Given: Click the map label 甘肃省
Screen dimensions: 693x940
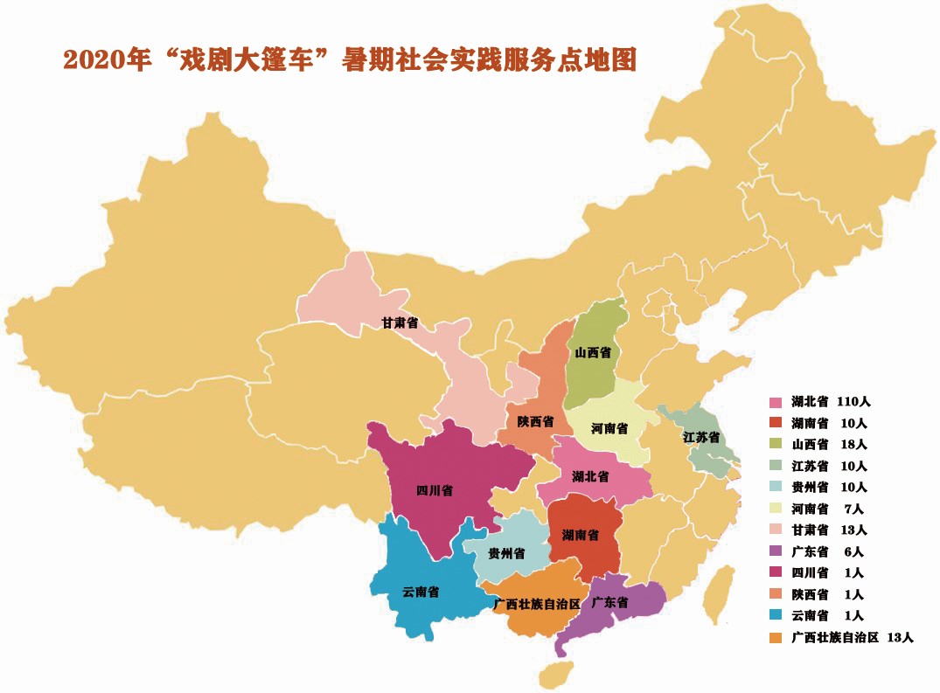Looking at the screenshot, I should click(399, 323).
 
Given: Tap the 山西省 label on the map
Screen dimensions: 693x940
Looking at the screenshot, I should click(593, 353).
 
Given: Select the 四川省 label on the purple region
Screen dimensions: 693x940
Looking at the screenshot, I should click(434, 490).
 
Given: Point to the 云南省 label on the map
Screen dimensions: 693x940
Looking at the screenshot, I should click(421, 592).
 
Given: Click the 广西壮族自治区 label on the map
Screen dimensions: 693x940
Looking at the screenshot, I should click(537, 604).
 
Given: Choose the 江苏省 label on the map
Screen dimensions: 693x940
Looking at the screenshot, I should click(701, 436).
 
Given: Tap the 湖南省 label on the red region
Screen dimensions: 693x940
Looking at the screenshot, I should click(581, 534).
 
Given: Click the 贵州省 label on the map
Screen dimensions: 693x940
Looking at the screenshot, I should click(506, 553).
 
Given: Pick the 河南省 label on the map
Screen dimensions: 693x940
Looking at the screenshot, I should click(609, 429).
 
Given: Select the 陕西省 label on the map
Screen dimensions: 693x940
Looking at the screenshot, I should click(535, 421).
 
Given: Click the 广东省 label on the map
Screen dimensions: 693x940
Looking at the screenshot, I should click(609, 603).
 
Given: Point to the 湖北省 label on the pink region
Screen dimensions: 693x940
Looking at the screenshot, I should click(590, 476).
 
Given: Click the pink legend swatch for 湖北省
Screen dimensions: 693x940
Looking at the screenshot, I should click(776, 403).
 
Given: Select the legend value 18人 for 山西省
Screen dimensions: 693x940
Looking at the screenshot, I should click(853, 445).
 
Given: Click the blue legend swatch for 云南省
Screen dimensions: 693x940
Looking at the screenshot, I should click(776, 616).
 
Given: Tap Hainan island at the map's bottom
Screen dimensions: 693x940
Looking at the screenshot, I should click(556, 675).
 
